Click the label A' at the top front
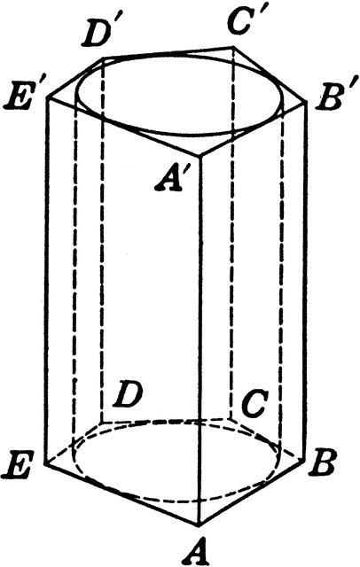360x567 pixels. (x=168, y=178)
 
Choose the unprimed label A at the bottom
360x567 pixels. (x=197, y=551)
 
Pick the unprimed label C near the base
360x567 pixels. (x=254, y=403)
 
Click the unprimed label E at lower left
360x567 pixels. (x=17, y=464)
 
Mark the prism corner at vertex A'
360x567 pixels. (x=200, y=157)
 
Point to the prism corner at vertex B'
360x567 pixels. (x=307, y=102)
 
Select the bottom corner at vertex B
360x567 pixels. (x=303, y=458)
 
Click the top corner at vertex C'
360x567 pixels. (x=233, y=46)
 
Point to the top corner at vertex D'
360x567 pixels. (x=105, y=57)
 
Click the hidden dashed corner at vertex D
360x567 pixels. (x=102, y=422)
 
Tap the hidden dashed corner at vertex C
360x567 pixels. (x=231, y=419)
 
